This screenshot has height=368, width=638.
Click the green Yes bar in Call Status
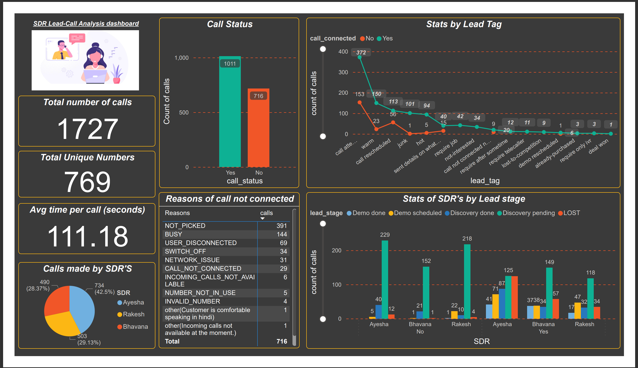point(230,114)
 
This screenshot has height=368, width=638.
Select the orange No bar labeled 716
point(258,129)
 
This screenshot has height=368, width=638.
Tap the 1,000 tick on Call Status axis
point(182,58)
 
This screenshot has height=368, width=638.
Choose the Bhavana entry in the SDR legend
point(135,327)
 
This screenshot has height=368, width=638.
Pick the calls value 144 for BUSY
point(282,234)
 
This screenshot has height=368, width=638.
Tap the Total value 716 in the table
point(282,341)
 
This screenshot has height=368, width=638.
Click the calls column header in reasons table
point(267,213)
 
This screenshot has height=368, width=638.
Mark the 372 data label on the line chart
point(361,52)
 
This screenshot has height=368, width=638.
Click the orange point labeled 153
point(359,102)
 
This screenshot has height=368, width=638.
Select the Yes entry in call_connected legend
point(387,39)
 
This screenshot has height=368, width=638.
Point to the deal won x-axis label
point(598,147)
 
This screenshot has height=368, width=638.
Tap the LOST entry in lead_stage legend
point(571,213)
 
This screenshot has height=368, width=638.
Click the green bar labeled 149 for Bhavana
point(549,293)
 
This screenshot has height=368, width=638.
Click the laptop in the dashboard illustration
point(95,76)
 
